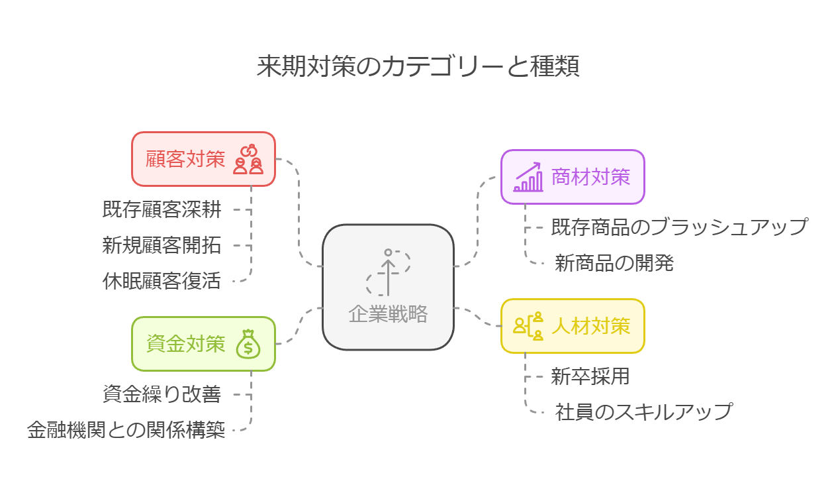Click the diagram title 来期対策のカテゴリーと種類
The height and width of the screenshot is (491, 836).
[418, 67]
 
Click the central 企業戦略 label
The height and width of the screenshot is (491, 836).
[388, 313]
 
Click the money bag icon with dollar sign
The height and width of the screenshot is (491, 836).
[249, 344]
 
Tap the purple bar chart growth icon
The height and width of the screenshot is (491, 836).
[528, 178]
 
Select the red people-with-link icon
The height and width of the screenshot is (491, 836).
[249, 160]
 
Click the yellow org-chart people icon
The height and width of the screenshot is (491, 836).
[528, 326]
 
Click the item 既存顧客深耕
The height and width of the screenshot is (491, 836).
[162, 209]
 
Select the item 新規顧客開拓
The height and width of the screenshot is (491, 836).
[162, 245]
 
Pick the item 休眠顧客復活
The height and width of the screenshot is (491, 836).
[162, 281]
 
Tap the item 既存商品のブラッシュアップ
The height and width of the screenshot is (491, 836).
[679, 227]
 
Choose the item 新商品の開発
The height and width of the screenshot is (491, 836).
[614, 263]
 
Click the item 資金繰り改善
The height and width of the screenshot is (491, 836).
[162, 394]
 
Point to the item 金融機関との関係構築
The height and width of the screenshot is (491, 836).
[126, 431]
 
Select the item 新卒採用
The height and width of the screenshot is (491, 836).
[590, 376]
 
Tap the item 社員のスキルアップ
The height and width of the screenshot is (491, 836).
[644, 411]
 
